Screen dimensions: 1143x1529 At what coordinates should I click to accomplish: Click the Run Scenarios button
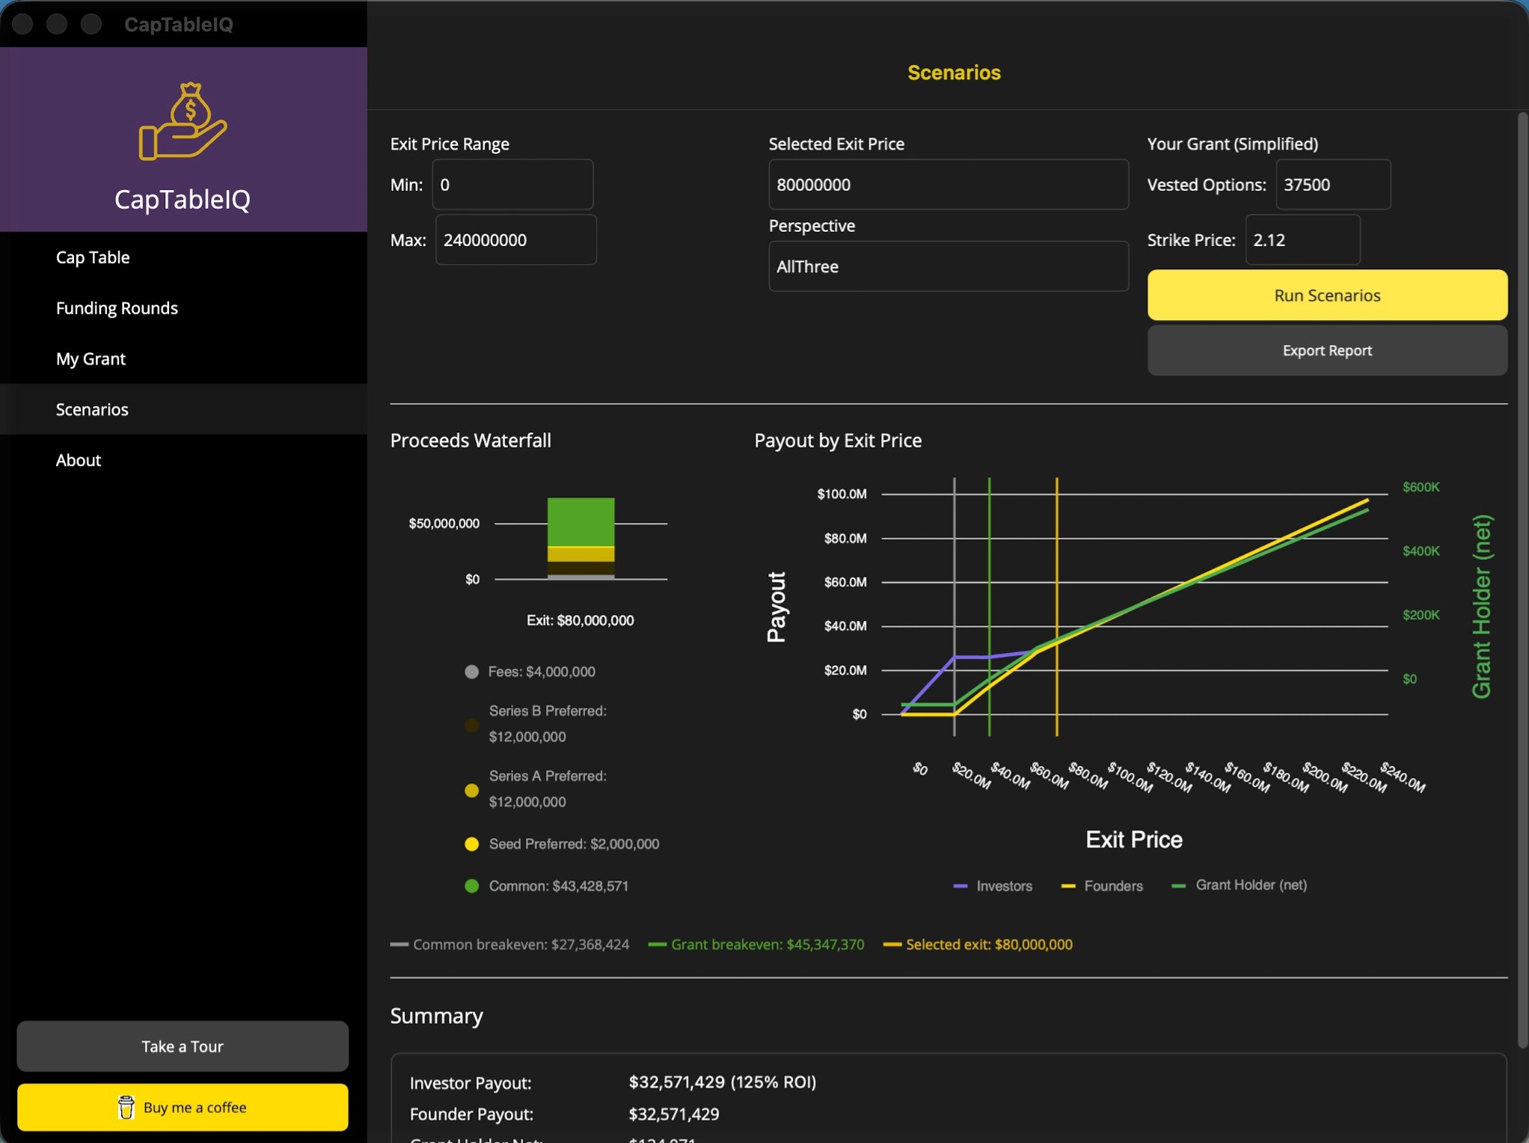click(1326, 295)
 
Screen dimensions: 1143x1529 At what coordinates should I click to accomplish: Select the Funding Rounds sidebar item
click(117, 308)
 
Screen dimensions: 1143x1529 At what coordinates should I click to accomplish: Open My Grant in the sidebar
click(91, 359)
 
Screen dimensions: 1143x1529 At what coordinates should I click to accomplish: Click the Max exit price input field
click(515, 240)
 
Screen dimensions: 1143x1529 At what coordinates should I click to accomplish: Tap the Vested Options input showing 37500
click(1332, 185)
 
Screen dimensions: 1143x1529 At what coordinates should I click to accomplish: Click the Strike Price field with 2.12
click(1302, 240)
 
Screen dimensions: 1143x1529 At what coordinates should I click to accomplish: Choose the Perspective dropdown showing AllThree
click(948, 266)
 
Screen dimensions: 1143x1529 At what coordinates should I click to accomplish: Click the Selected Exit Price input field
click(948, 185)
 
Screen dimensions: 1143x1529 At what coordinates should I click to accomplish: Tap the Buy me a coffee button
click(183, 1107)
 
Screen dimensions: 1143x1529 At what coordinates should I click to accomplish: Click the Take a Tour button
click(183, 1047)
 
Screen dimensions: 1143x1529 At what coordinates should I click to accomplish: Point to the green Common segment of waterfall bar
click(580, 522)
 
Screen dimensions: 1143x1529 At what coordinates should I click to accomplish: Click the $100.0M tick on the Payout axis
click(842, 494)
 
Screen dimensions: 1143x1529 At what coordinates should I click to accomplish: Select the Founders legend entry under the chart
click(1112, 886)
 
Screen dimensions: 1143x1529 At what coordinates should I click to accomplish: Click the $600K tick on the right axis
click(1421, 487)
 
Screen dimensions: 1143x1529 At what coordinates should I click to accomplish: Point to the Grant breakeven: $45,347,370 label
click(767, 945)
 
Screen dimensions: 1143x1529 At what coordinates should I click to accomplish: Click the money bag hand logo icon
click(183, 121)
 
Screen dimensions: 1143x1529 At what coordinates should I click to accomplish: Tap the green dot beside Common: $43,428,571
click(471, 886)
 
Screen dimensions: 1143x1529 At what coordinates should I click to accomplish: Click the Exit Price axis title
click(1133, 839)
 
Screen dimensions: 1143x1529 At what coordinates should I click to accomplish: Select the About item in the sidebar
click(78, 460)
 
